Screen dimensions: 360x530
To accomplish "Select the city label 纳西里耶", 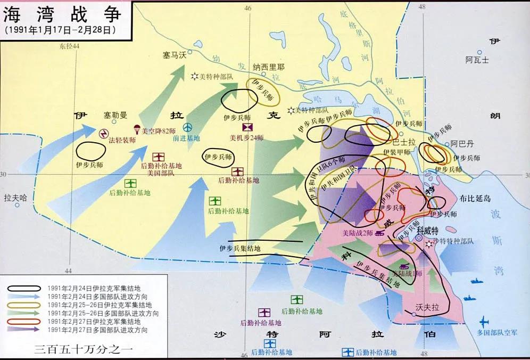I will pos(268,68).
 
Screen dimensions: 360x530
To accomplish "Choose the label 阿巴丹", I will pos(461,144).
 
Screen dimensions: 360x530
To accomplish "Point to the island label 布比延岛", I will pos(476,197).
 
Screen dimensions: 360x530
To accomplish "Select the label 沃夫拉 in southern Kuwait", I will pos(428,308).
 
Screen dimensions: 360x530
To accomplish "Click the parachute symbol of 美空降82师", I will pos(137,129).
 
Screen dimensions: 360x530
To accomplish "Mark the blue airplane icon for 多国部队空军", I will pos(484,322).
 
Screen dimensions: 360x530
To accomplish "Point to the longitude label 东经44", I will pos(69,47).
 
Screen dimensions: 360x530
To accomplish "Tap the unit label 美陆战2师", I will pos(358,233).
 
